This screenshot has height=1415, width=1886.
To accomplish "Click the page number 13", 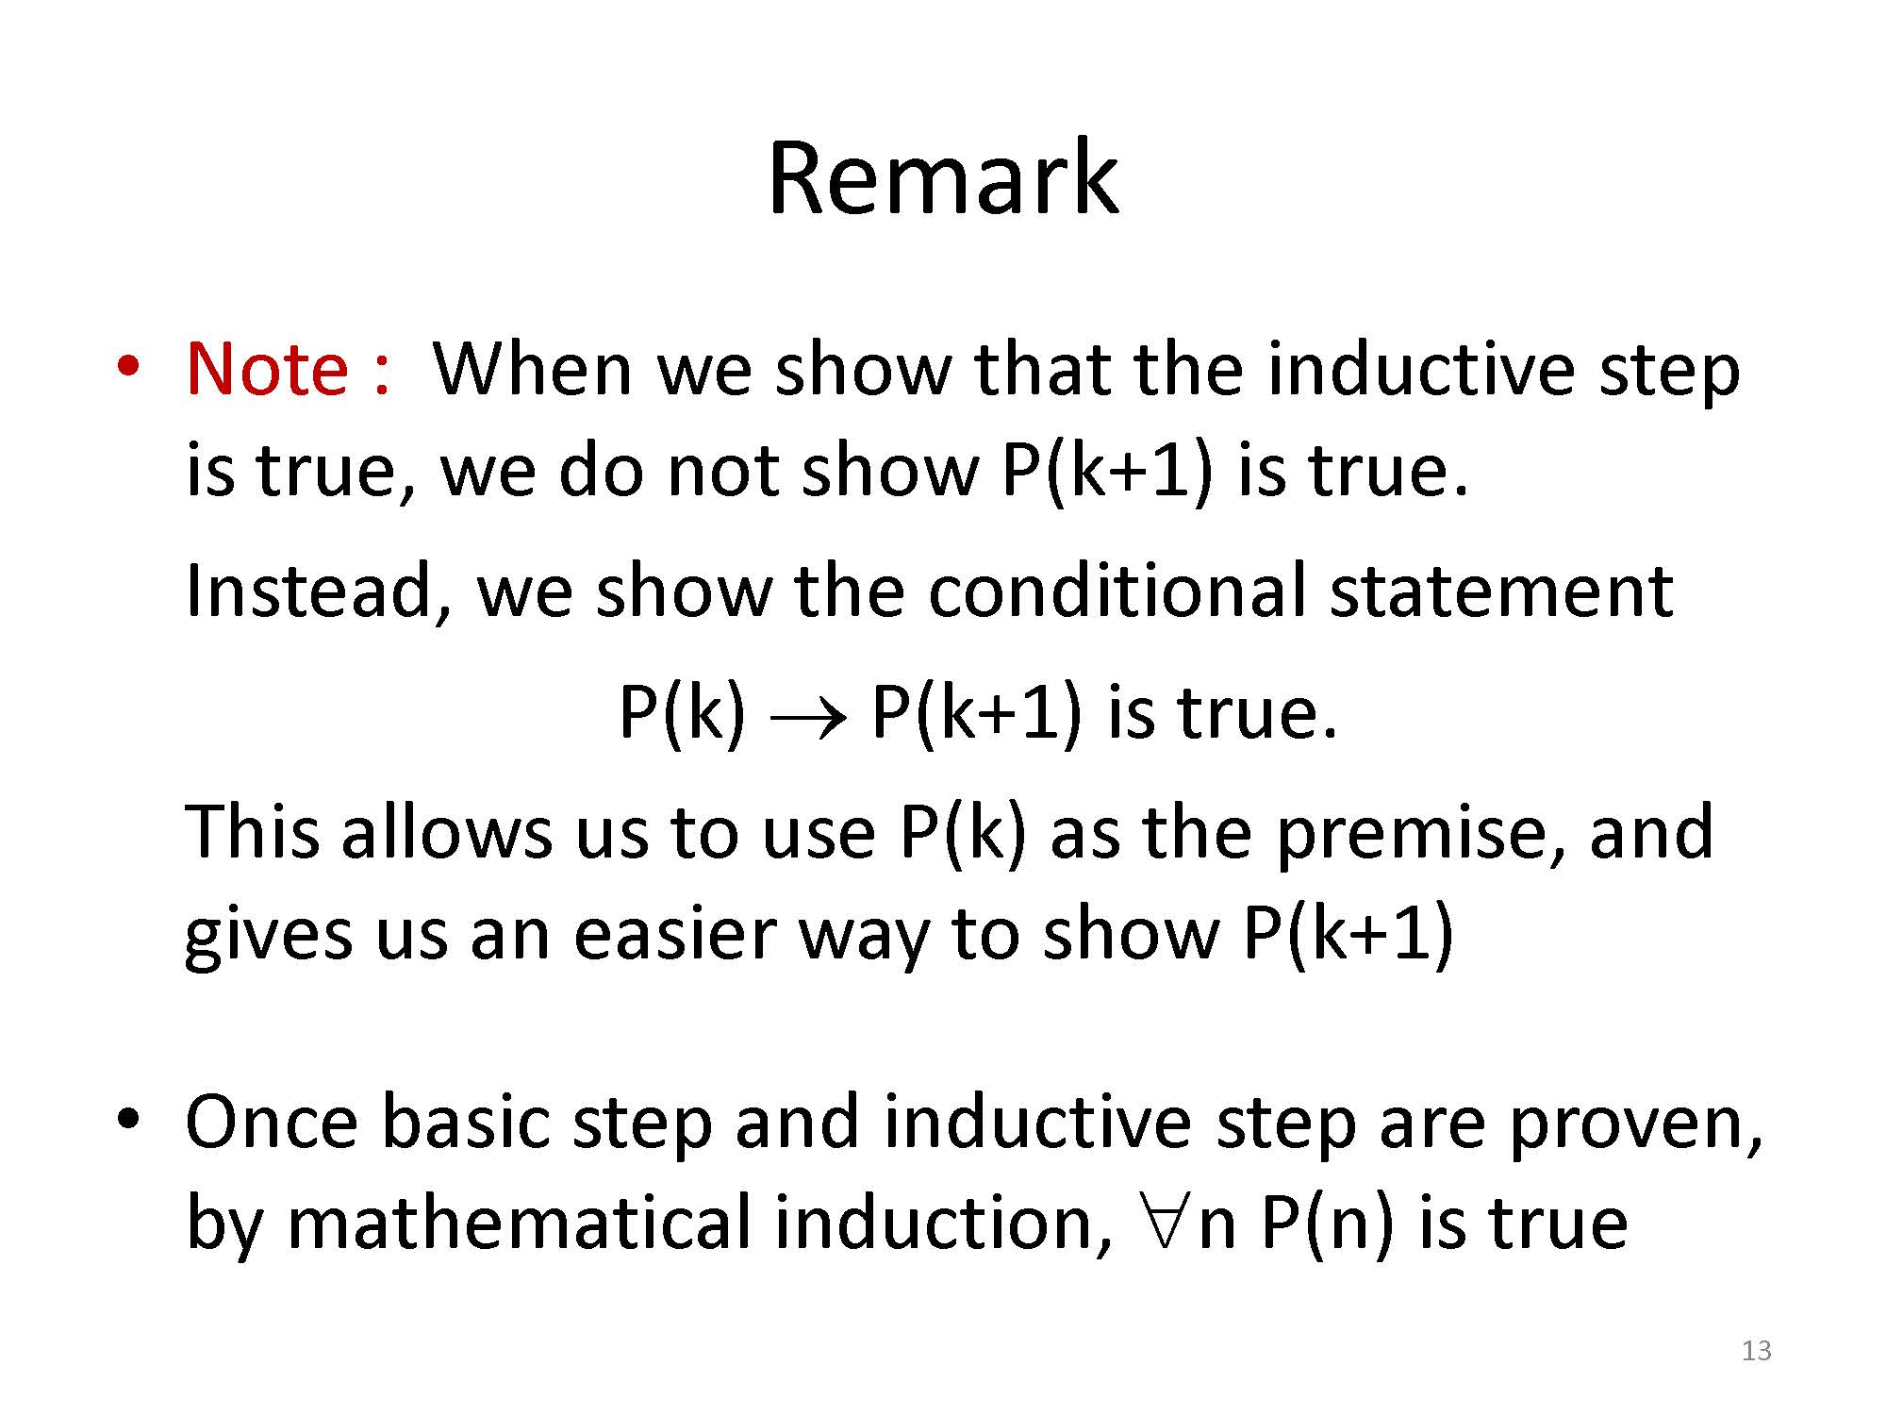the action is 1757,1351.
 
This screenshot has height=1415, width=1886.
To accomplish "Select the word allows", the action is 446,832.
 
